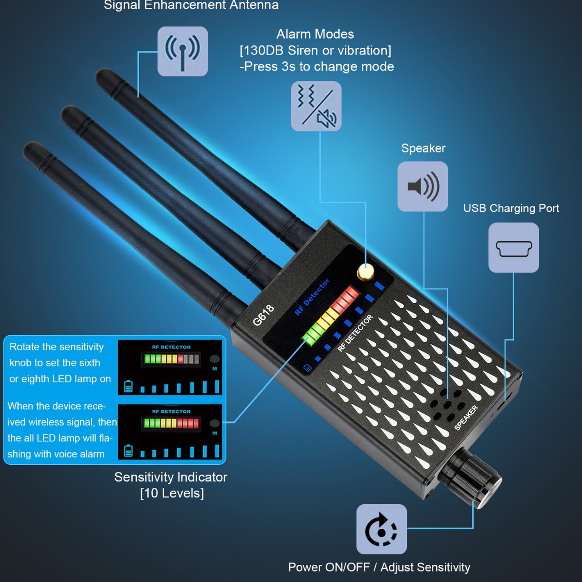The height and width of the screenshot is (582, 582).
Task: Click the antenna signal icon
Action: pos(183,51)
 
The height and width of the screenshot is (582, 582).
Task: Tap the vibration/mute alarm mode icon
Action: pos(316,106)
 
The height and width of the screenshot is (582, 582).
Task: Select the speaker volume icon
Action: pos(423,186)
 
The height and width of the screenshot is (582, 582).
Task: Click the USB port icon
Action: pos(514,248)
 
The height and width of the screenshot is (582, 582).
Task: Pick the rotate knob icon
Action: pos(381,529)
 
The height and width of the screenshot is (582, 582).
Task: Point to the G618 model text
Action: pos(263,315)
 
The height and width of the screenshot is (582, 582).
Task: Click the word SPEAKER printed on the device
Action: pos(466,417)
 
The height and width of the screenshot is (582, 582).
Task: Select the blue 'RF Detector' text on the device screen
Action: pos(312,297)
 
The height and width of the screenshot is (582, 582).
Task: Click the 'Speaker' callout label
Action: pos(423,148)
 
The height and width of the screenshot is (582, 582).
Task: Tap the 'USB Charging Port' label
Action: pos(511,208)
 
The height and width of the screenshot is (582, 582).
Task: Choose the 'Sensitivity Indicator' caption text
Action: pos(171,477)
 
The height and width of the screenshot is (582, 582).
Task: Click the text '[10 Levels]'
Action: pos(172,493)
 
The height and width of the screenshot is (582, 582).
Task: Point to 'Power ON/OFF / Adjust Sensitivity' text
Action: pos(379,567)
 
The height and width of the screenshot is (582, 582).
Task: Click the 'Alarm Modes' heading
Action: pos(315,34)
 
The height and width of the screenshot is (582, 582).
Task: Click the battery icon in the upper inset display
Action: pos(129,386)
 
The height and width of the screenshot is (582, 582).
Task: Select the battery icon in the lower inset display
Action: pos(129,451)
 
